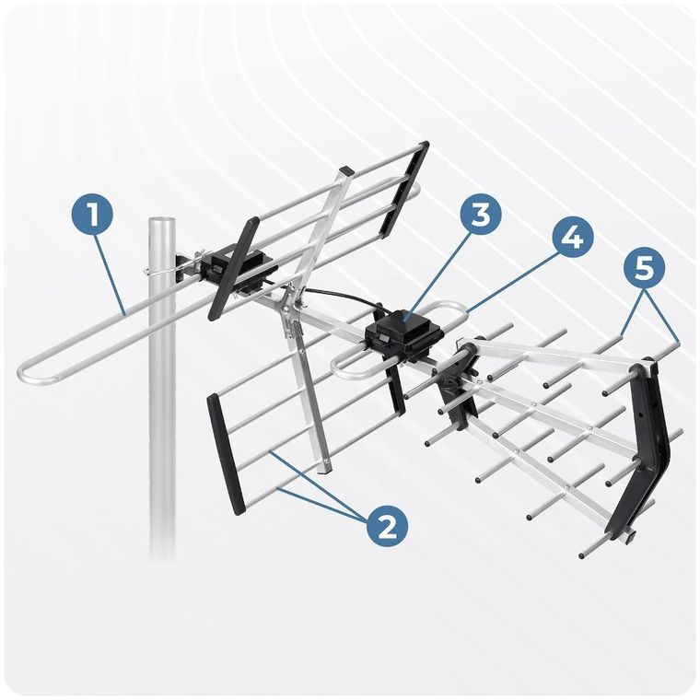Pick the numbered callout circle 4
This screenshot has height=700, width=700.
(x=571, y=237)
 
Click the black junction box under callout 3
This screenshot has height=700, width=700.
(x=404, y=331)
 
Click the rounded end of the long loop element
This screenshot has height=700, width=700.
(x=28, y=373)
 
